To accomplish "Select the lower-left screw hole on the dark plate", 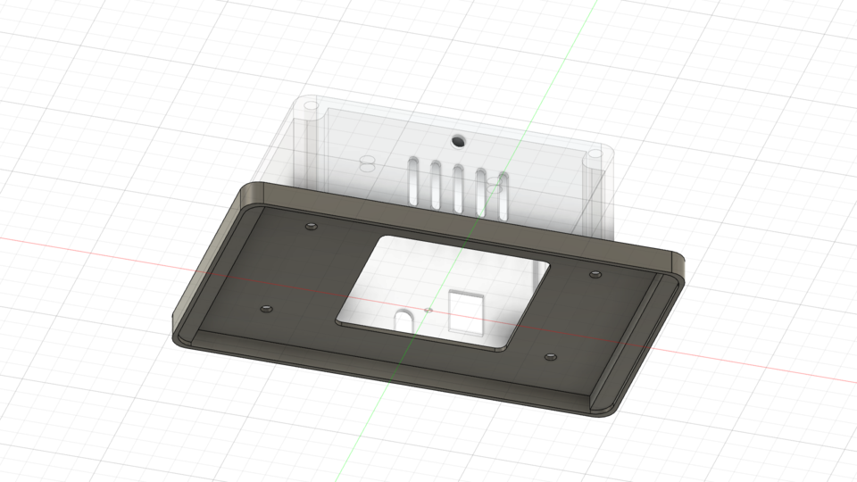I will click(264, 309).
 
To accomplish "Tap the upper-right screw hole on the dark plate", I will click(595, 273).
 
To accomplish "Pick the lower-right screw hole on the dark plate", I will click(550, 356).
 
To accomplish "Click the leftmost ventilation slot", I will click(413, 180).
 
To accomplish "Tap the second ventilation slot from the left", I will click(435, 184).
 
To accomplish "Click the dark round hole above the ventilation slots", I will click(458, 140).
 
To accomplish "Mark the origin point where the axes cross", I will click(429, 310).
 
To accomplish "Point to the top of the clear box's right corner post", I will click(594, 157).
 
